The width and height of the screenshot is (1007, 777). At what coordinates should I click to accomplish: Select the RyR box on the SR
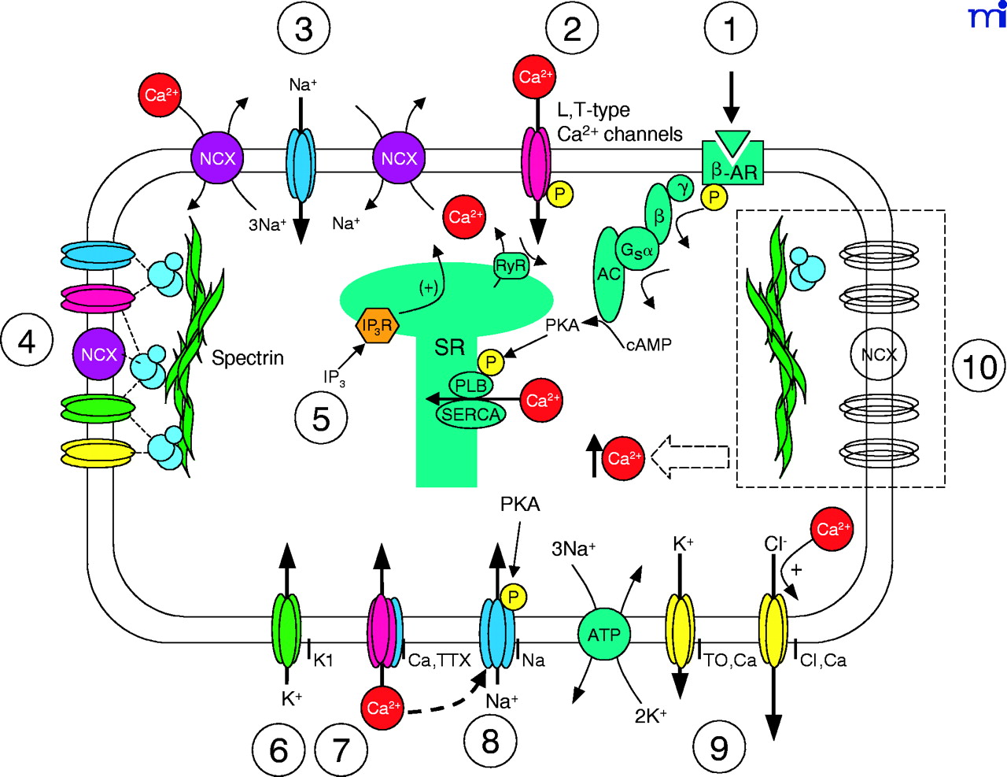511,267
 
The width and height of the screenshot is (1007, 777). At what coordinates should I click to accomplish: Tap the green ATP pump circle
604,635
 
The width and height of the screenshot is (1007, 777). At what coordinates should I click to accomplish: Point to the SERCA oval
470,414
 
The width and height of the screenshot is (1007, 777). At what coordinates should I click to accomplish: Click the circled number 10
979,367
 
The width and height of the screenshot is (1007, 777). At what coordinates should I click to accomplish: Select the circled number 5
321,420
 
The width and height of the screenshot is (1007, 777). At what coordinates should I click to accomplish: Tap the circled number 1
731,29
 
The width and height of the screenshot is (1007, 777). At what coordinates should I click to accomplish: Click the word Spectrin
248,358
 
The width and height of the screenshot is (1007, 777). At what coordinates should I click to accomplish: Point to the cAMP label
649,344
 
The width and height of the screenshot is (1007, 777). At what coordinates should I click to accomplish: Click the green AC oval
610,273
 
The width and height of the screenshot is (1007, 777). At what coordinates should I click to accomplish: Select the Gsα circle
636,250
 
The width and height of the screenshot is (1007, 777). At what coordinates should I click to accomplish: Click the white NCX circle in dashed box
879,355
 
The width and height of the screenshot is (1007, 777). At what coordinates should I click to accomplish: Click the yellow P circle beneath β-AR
714,197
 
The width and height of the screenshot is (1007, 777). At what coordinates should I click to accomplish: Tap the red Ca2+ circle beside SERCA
543,401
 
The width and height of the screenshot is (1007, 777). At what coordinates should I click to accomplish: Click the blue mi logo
987,16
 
